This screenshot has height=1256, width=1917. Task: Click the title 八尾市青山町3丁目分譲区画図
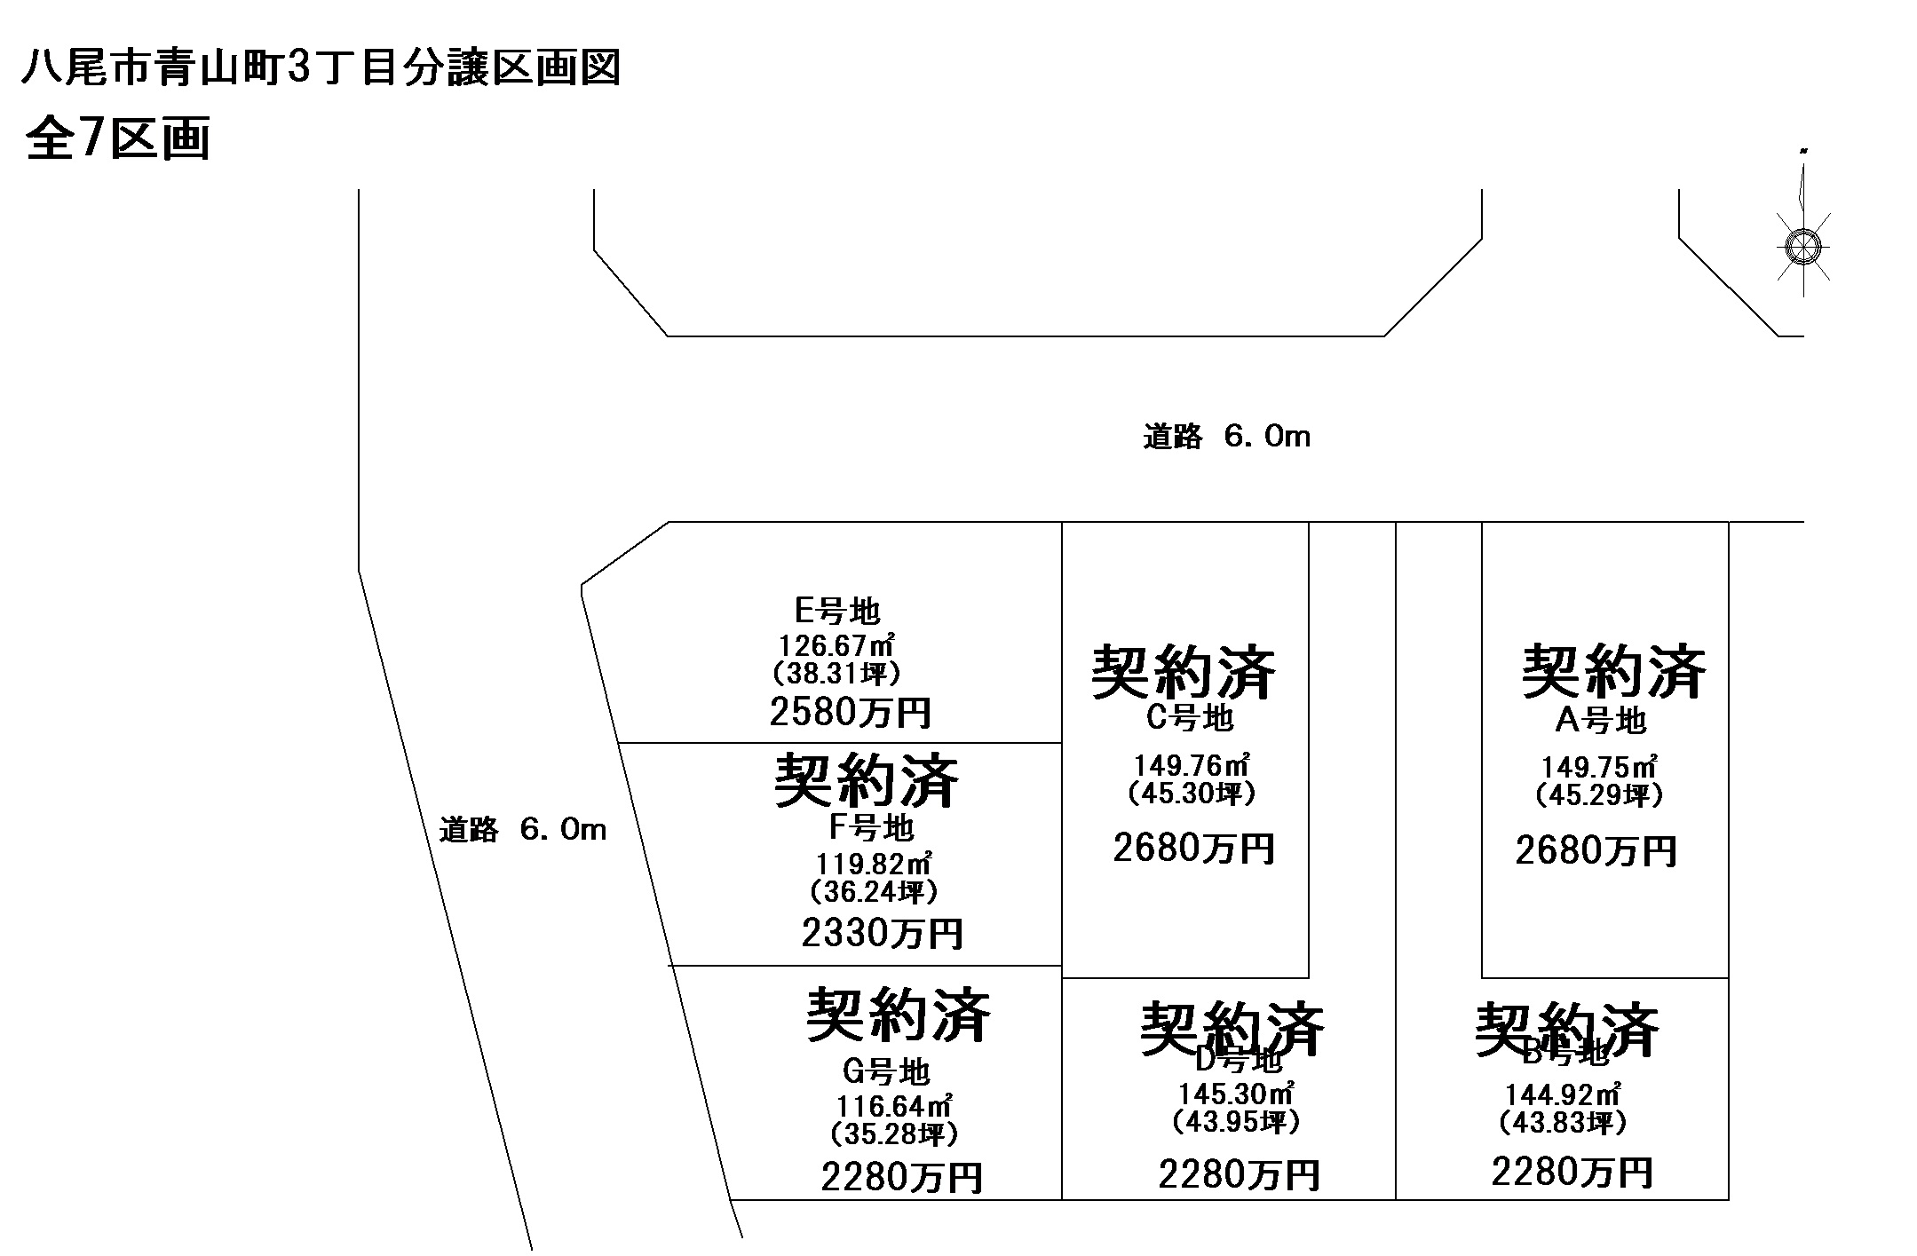pyautogui.click(x=321, y=69)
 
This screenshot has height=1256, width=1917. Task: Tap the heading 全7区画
pyautogui.click(x=118, y=138)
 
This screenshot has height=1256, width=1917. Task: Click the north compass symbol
pyautogui.click(x=1802, y=245)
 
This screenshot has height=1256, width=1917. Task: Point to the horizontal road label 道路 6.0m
pyautogui.click(x=1226, y=437)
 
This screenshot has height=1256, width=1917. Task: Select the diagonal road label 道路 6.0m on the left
pyautogui.click(x=523, y=830)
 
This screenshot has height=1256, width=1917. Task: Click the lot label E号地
pyautogui.click(x=837, y=611)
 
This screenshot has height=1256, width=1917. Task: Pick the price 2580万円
pyautogui.click(x=851, y=712)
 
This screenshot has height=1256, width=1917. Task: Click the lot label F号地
pyautogui.click(x=871, y=827)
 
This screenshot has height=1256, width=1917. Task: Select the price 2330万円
pyautogui.click(x=882, y=933)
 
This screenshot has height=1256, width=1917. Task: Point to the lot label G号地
pyautogui.click(x=885, y=1072)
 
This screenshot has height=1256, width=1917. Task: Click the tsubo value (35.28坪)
pyautogui.click(x=894, y=1134)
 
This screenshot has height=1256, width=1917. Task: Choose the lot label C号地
pyautogui.click(x=1189, y=717)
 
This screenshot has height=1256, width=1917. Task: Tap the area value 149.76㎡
pyautogui.click(x=1192, y=764)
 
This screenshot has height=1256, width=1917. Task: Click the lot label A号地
pyautogui.click(x=1601, y=721)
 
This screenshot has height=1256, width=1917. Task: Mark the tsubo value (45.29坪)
pyautogui.click(x=1598, y=795)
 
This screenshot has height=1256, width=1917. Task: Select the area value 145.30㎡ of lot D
pyautogui.click(x=1235, y=1093)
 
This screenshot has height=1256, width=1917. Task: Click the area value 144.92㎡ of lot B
pyautogui.click(x=1563, y=1095)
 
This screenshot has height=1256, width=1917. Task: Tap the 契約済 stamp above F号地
pyautogui.click(x=867, y=780)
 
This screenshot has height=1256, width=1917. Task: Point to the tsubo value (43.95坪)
pyautogui.click(x=1236, y=1123)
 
